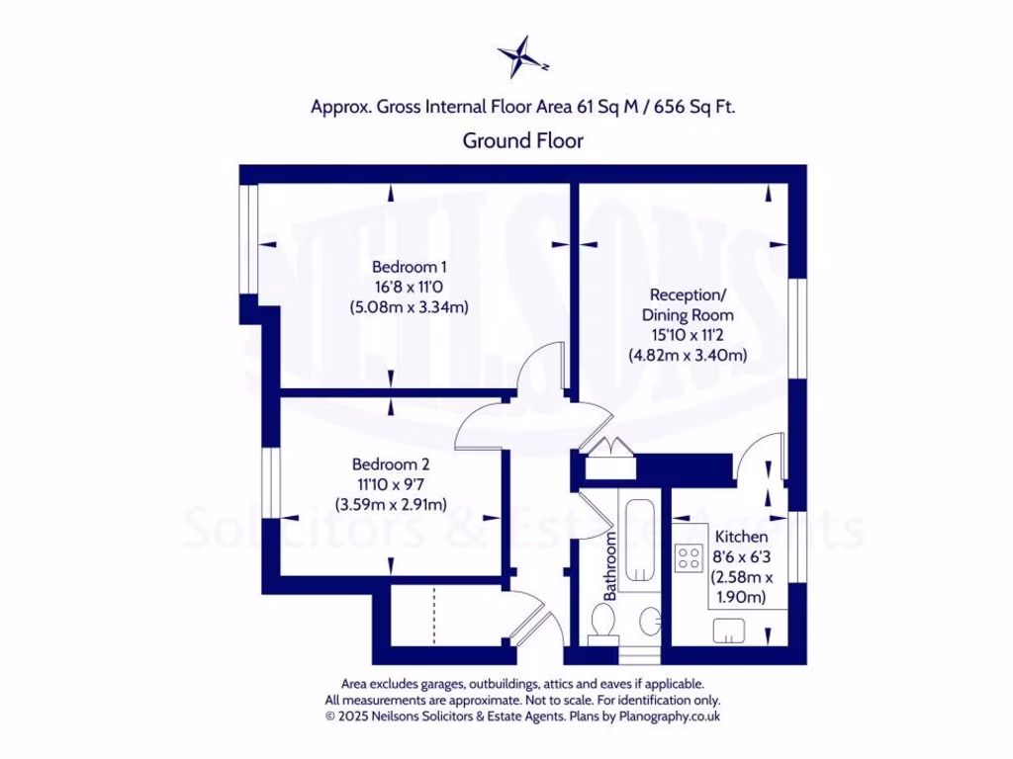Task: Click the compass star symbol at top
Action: (x=521, y=56)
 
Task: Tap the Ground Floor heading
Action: (x=522, y=140)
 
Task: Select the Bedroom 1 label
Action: (x=410, y=267)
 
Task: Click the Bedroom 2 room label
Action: (x=390, y=464)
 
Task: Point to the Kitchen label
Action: (x=741, y=536)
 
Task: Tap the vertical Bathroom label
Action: (x=610, y=565)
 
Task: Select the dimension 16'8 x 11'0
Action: (x=410, y=287)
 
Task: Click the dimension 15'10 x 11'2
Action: (x=688, y=335)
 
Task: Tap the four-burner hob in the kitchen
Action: (x=688, y=558)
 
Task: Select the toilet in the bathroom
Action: (x=600, y=624)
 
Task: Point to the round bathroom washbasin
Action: (x=650, y=623)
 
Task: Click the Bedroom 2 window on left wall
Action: (x=267, y=483)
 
